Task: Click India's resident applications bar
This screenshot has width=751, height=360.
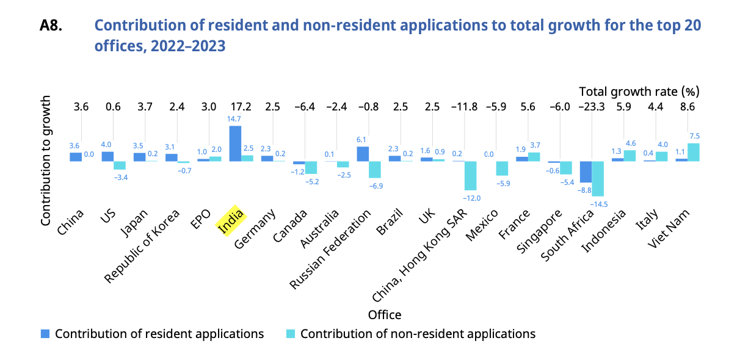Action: [x=235, y=143]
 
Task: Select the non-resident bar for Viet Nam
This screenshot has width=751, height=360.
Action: [x=694, y=152]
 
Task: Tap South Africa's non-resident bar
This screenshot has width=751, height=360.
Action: [x=598, y=179]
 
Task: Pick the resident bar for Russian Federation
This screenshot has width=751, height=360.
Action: [x=363, y=154]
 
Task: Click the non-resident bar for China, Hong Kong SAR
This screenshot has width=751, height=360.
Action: [x=470, y=176]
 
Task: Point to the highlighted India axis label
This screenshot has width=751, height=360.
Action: [x=231, y=221]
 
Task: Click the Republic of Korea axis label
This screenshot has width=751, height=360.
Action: [x=142, y=247]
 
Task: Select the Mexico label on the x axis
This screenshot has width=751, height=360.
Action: [x=482, y=225]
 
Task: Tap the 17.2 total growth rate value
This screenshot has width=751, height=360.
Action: [x=241, y=107]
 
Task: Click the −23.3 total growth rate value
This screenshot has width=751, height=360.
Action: [x=592, y=107]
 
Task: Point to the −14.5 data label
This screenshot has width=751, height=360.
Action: [x=598, y=204]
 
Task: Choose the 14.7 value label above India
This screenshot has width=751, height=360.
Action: [x=234, y=119]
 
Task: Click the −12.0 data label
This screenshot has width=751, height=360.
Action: [x=471, y=198]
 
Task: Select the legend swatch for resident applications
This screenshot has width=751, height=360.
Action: [x=45, y=334]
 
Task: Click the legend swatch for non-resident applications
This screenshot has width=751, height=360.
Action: [x=291, y=334]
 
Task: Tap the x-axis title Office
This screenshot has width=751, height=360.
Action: [x=385, y=315]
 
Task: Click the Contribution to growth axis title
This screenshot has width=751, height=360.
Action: [x=46, y=160]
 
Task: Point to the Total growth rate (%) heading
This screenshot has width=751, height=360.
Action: [x=639, y=92]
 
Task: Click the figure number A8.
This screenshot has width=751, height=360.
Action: [x=51, y=26]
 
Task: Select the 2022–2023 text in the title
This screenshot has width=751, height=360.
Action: [x=188, y=46]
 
